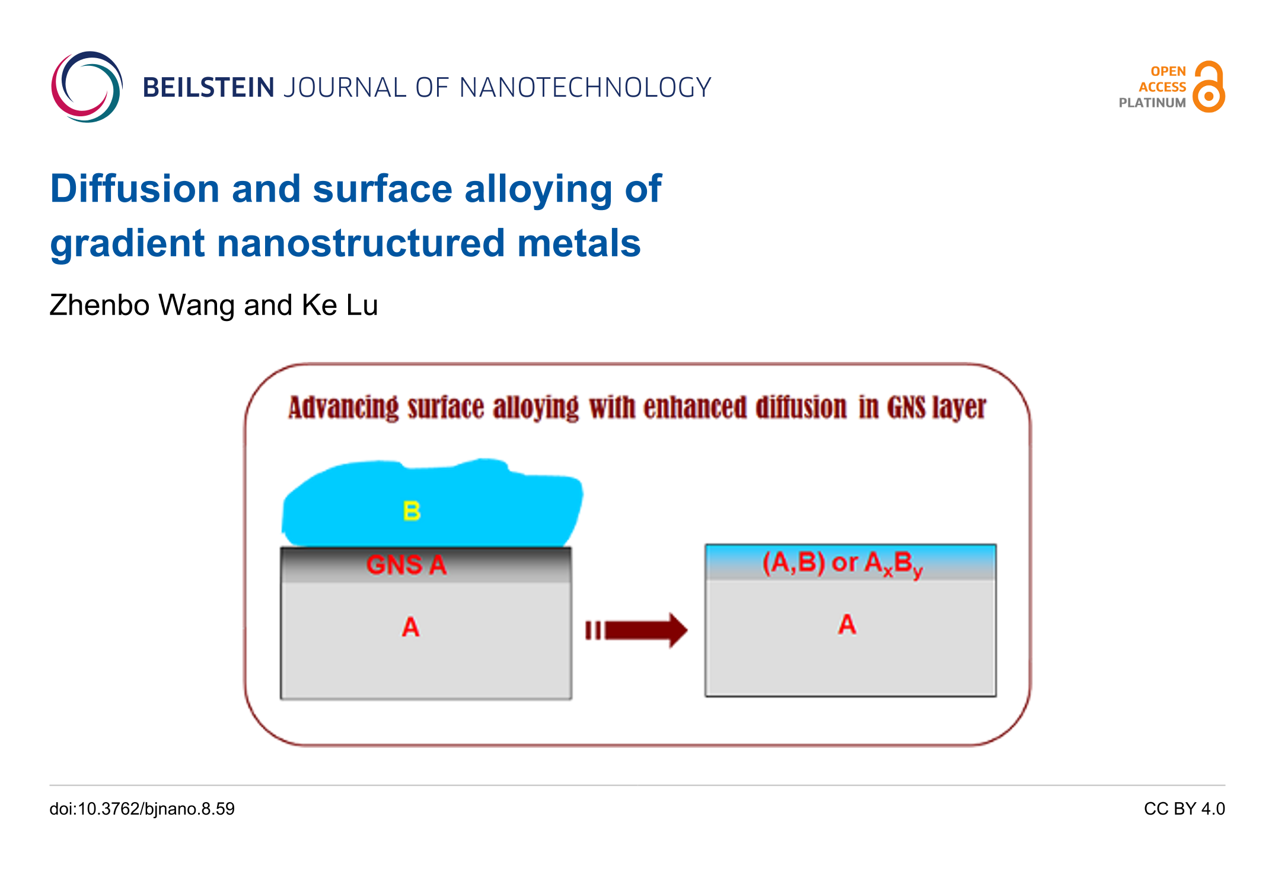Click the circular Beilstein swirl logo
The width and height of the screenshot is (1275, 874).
click(87, 87)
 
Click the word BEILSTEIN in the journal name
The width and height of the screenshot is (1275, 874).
click(208, 88)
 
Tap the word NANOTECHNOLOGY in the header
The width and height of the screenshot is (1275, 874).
click(585, 88)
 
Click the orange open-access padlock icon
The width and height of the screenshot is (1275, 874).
click(1209, 87)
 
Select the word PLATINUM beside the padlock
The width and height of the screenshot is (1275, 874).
click(1152, 103)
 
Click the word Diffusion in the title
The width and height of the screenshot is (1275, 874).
click(135, 189)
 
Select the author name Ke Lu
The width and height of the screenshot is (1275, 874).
click(339, 306)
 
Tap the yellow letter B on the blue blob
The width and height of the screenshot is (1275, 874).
click(412, 511)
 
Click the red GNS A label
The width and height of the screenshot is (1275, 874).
click(406, 564)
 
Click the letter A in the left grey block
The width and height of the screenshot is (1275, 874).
click(410, 627)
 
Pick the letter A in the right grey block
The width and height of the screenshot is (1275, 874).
click(847, 625)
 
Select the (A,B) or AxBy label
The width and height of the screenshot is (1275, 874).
click(842, 563)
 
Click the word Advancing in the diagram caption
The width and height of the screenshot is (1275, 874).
click(343, 408)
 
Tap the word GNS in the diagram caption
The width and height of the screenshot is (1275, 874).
click(906, 408)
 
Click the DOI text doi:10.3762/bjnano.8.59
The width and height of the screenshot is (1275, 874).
click(142, 809)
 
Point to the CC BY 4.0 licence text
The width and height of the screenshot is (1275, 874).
click(1184, 809)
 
